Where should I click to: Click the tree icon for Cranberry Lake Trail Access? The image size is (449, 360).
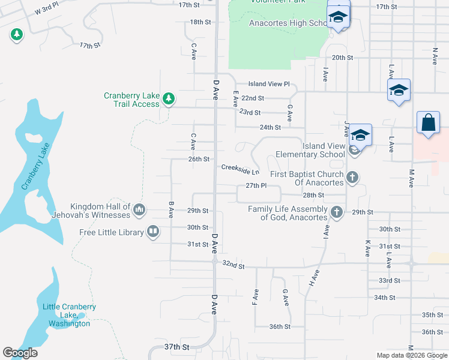pyautogui.click(x=169, y=98)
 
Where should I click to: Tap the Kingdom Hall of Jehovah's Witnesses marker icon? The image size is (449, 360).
pyautogui.click(x=139, y=209)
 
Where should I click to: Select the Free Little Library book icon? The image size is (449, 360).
pyautogui.click(x=153, y=232)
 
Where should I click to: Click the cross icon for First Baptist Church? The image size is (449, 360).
pyautogui.click(x=353, y=178)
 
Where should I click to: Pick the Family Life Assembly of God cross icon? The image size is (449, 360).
pyautogui.click(x=337, y=212)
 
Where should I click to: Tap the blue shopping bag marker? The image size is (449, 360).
pyautogui.click(x=429, y=122)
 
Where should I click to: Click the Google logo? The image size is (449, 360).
pyautogui.click(x=20, y=353)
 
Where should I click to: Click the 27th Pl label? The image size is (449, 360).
pyautogui.click(x=255, y=186)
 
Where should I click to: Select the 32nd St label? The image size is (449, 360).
pyautogui.click(x=234, y=265)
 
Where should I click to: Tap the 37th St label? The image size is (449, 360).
pyautogui.click(x=176, y=347)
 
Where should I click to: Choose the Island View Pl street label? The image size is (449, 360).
pyautogui.click(x=270, y=85)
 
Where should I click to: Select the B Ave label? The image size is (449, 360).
pyautogui.click(x=171, y=209)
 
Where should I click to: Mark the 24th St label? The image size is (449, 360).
pyautogui.click(x=270, y=128)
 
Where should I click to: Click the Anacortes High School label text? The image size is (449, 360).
pyautogui.click(x=287, y=23)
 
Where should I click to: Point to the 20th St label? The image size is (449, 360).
pyautogui.click(x=342, y=58)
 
